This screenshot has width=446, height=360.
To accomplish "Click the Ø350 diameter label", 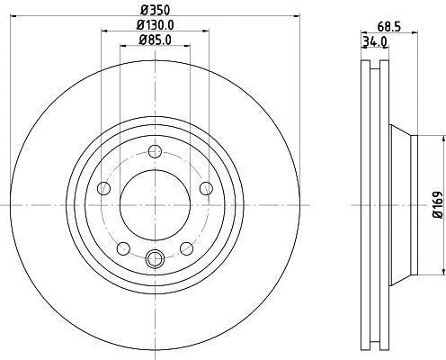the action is coord(156,11).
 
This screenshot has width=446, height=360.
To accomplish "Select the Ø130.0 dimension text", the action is coord(155,25).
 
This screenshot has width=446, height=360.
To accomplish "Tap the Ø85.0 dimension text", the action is coord(155,40).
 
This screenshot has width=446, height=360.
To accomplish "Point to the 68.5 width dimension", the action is coord(388,27).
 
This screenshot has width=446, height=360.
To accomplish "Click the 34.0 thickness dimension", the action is coord(375,42).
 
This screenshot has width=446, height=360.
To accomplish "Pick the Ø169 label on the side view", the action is coord(437,205).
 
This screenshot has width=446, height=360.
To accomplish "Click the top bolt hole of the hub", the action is coord(155,151).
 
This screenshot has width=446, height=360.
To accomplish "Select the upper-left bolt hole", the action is coord(103,188).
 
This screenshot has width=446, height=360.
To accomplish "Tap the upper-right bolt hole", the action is coord(206,188).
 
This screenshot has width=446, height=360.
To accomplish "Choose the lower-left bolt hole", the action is coord(123,248).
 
